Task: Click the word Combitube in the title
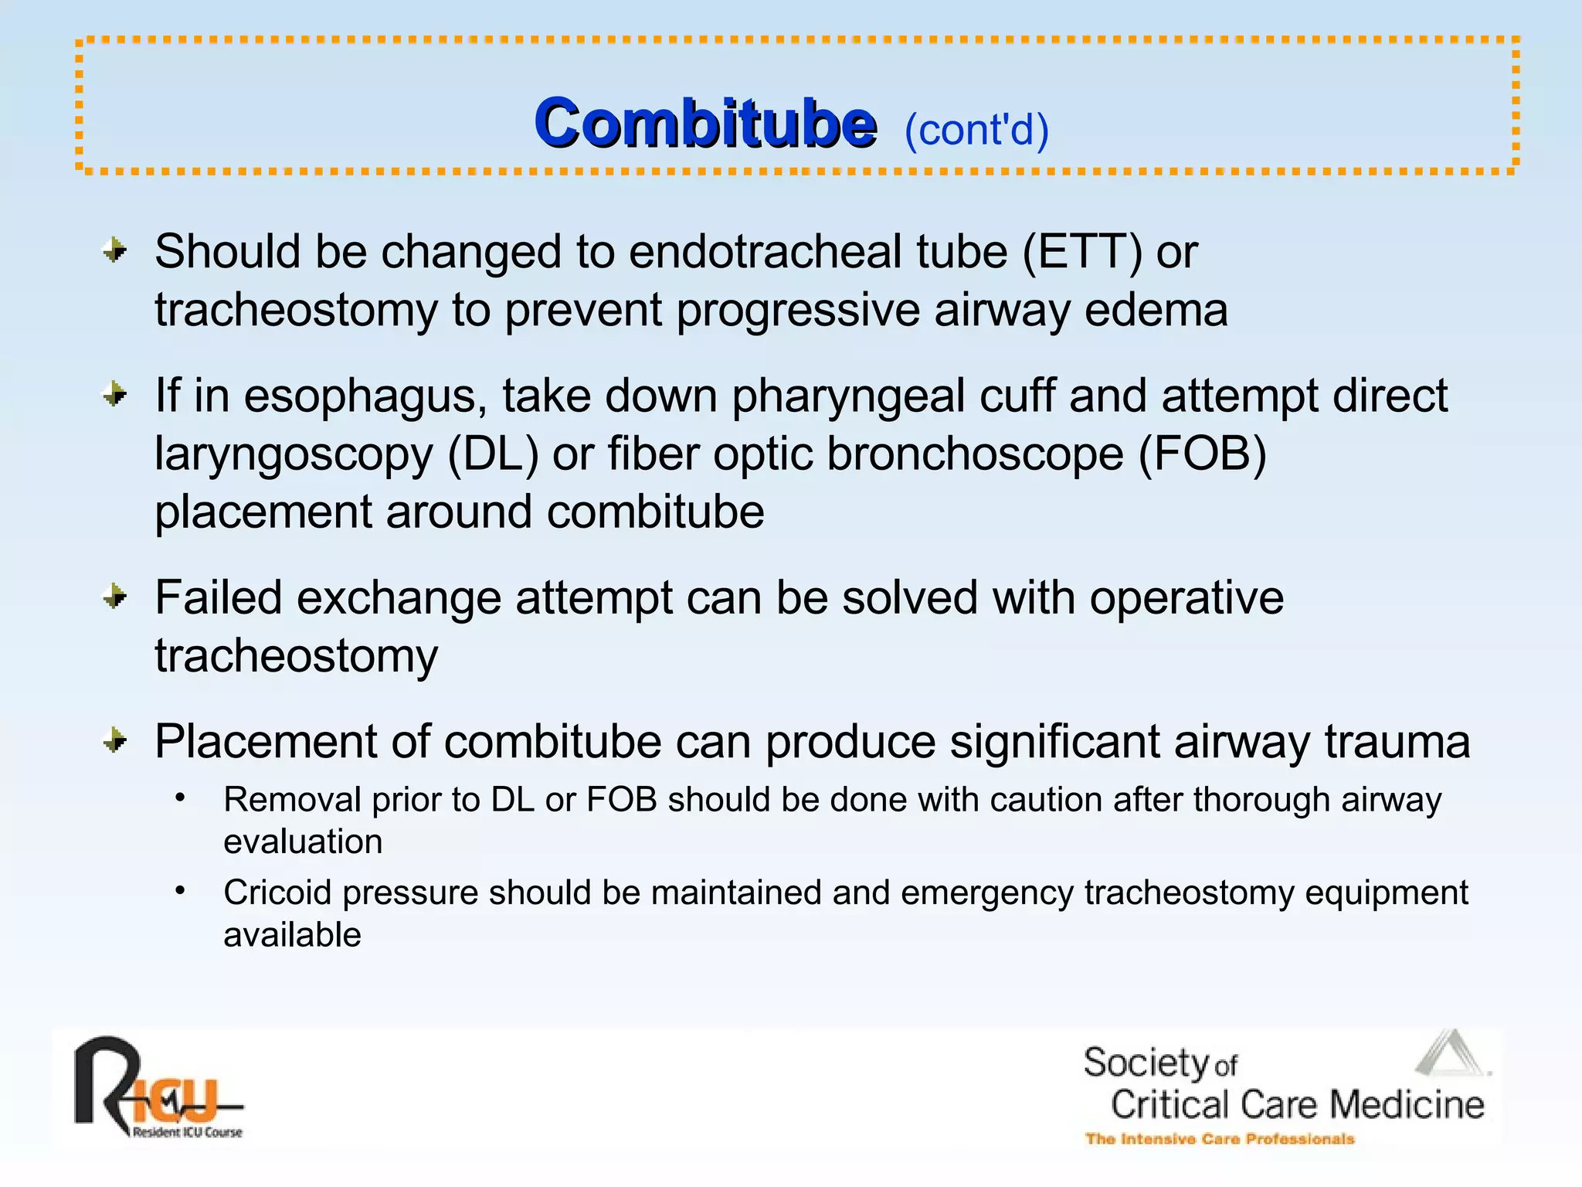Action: tap(704, 124)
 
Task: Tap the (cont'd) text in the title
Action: tap(976, 130)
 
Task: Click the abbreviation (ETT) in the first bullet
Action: tap(1081, 252)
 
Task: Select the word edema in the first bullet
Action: tap(1156, 310)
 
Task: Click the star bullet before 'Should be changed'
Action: tap(115, 250)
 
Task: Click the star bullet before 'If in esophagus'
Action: tap(115, 395)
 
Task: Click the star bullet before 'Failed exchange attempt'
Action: tap(115, 597)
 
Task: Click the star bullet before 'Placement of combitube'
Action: tap(115, 741)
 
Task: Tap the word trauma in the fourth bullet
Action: tap(1397, 742)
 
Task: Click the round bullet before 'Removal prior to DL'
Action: tap(180, 797)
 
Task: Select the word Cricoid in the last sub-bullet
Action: tap(277, 893)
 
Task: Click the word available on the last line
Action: tap(292, 935)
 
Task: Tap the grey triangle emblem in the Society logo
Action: tap(1451, 1054)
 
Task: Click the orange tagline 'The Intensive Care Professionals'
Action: tap(1219, 1138)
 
